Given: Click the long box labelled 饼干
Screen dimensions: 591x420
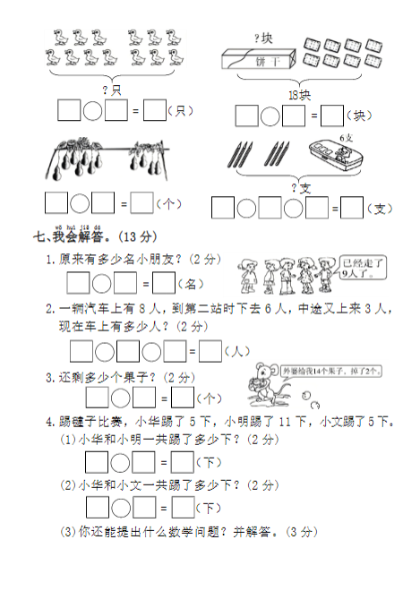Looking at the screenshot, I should pyautogui.click(x=255, y=59).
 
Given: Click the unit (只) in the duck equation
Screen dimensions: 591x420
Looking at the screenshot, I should pyautogui.click(x=182, y=111).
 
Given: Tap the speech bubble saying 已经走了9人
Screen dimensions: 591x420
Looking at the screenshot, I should pyautogui.click(x=363, y=270).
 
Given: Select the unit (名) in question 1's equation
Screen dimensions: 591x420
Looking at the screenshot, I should pyautogui.click(x=190, y=285).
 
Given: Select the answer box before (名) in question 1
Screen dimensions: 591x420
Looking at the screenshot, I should pyautogui.click(x=163, y=284).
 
